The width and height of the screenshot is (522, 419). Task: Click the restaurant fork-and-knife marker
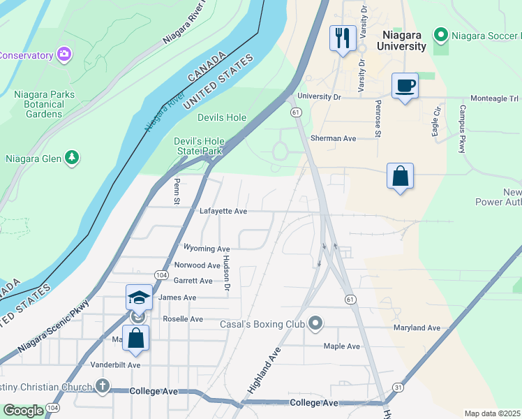[x=343, y=38]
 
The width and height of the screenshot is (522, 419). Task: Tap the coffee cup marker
[x=405, y=86]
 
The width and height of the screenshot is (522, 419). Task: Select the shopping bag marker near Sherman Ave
[x=401, y=176]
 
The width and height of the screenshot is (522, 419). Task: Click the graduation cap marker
[x=139, y=298]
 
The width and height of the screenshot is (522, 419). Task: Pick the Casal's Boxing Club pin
[x=315, y=323]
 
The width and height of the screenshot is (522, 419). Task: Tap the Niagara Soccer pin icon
[x=440, y=34]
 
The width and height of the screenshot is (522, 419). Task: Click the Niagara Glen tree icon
[x=71, y=159]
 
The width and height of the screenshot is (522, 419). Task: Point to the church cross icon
[x=102, y=386]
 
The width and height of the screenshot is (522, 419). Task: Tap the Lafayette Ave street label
[x=223, y=211]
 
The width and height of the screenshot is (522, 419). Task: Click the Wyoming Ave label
[x=206, y=249]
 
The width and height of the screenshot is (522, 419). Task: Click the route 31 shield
[x=398, y=386]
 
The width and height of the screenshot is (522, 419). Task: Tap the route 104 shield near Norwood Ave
[x=160, y=275]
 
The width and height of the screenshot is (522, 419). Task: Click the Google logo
[x=23, y=411]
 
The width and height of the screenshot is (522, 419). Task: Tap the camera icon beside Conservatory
[x=64, y=54]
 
